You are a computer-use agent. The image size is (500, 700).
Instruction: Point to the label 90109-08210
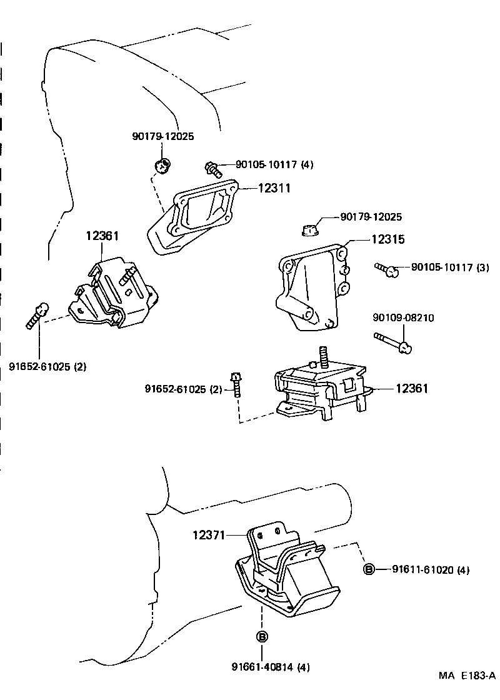(x=402, y=317)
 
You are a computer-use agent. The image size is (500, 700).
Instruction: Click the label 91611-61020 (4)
(x=431, y=569)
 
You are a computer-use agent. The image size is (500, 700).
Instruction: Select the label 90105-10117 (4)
(x=274, y=165)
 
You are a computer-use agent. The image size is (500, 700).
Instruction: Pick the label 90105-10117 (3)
(x=449, y=267)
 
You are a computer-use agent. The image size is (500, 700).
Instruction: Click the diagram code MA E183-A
(x=466, y=676)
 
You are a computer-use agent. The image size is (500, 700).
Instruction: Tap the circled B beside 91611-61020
(x=369, y=569)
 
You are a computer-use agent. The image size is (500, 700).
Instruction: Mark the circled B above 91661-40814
(x=262, y=636)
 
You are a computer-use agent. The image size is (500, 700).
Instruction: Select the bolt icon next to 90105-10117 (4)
(x=213, y=167)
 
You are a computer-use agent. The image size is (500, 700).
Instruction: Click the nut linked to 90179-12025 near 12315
(x=309, y=229)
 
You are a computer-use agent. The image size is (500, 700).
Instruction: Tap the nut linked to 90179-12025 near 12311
(x=162, y=166)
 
